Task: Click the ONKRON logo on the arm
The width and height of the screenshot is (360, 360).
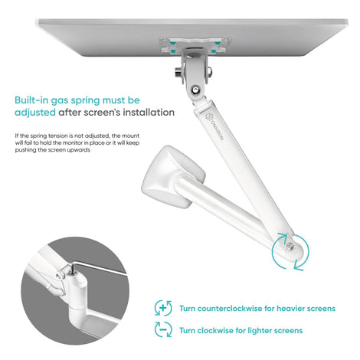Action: pos(214,126)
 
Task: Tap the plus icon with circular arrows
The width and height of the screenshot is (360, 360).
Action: pos(163,308)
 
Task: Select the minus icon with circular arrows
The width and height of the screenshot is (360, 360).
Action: pos(163,329)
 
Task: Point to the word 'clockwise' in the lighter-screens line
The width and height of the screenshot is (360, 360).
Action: pos(215,330)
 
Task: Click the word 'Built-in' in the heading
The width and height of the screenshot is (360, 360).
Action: pos(31,100)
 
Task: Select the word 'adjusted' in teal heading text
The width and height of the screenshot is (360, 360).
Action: pos(35,113)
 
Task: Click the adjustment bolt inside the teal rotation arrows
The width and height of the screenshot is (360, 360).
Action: pos(290,246)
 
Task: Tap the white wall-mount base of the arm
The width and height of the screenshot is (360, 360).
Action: pos(174,176)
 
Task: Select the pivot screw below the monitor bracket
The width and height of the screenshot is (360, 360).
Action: pos(195,90)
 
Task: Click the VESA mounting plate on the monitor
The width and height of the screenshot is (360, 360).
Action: pos(195,45)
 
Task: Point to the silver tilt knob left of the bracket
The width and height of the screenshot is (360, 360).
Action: pos(178,72)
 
